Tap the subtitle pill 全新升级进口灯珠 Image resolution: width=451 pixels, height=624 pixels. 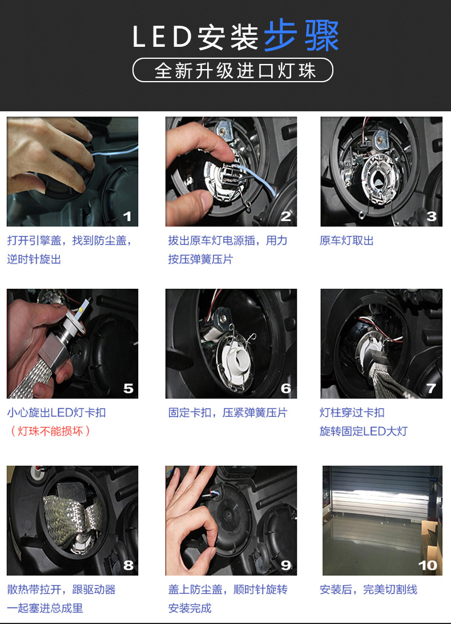(233, 70)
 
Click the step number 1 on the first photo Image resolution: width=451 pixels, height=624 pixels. (127, 216)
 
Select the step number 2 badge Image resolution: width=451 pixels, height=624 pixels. (286, 216)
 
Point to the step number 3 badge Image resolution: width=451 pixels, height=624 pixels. (432, 216)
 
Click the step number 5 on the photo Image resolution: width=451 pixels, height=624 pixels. (128, 389)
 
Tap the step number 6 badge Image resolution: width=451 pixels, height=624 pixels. (286, 389)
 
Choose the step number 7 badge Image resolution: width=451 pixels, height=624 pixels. (432, 389)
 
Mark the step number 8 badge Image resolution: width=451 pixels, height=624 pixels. (128, 565)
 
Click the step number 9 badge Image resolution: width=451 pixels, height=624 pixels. (286, 565)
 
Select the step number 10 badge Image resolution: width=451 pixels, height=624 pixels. (428, 565)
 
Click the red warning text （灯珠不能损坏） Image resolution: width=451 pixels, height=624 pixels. (50, 431)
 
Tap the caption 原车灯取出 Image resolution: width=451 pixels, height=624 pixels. (347, 241)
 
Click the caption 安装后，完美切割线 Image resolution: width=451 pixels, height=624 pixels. (368, 590)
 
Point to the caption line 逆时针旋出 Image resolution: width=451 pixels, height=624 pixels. (34, 260)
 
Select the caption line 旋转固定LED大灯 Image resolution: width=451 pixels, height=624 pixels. (364, 431)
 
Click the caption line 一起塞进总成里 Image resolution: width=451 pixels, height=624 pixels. (45, 609)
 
